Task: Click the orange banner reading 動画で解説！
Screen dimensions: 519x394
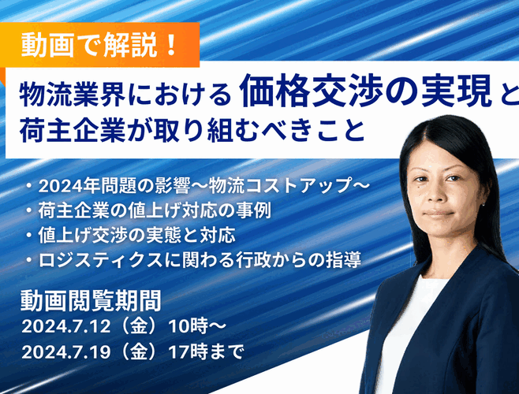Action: coord(99,44)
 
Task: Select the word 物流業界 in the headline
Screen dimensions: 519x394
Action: coord(73,94)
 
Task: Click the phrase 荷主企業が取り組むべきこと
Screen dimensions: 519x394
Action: coord(192,131)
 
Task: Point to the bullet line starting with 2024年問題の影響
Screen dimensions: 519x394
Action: coord(199,186)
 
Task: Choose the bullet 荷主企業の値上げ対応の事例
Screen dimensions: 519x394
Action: coord(150,210)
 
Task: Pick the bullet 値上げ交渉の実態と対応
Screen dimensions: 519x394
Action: coord(132,235)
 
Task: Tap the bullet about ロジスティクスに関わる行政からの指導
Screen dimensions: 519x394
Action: coord(194,260)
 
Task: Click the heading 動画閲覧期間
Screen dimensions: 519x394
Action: coord(91,300)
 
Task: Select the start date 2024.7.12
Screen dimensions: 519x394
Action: coord(66,326)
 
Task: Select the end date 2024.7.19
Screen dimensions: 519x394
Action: coord(66,351)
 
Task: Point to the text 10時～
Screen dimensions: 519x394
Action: coord(197,326)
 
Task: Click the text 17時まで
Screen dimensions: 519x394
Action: coord(206,351)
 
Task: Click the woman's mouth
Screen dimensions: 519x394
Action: coord(439,214)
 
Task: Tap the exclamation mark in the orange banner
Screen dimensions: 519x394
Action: coord(171,45)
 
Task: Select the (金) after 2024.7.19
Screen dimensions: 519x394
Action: coord(139,351)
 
